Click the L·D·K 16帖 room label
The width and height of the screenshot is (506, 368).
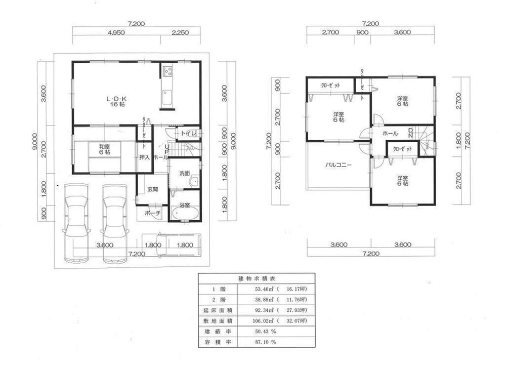tap(116, 100)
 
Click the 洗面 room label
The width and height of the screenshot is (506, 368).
tap(184, 173)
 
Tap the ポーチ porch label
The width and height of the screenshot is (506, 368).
tap(152, 214)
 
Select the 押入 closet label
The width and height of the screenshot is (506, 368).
tap(144, 157)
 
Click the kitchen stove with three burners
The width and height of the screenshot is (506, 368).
tap(167, 71)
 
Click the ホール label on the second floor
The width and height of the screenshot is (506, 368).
tap(390, 133)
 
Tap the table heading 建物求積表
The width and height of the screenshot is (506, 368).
tap(256, 278)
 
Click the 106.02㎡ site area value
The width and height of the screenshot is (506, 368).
tap(266, 320)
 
